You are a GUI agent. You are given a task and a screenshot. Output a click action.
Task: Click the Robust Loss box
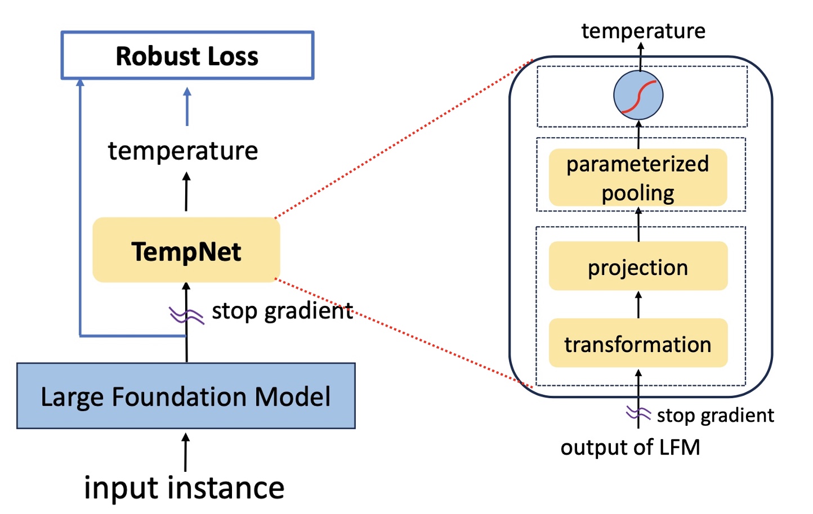click(x=187, y=55)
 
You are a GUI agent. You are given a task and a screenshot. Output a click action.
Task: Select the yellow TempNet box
click(x=186, y=250)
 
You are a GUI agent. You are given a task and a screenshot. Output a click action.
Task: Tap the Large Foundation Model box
click(x=186, y=396)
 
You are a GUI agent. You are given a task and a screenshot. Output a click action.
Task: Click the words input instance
click(x=184, y=488)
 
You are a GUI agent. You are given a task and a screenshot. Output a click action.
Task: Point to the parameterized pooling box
click(x=638, y=178)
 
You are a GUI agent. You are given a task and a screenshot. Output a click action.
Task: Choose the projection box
click(x=638, y=267)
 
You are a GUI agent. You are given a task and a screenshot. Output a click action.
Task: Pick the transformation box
click(x=638, y=343)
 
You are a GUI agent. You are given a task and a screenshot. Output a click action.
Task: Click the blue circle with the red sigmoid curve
click(x=638, y=95)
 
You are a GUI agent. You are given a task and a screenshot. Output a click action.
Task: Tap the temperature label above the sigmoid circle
click(x=643, y=30)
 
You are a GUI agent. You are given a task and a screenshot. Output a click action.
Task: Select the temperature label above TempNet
click(x=183, y=151)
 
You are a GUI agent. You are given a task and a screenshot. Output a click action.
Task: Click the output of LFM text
click(x=630, y=448)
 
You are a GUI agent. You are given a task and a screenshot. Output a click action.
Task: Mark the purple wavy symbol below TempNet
click(x=186, y=315)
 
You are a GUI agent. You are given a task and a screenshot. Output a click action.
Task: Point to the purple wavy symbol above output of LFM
click(x=638, y=414)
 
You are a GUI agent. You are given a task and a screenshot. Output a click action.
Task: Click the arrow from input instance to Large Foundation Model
click(x=186, y=452)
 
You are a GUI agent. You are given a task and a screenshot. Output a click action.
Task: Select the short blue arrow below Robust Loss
click(x=187, y=106)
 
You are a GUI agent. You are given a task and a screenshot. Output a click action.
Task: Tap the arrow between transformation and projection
click(x=638, y=304)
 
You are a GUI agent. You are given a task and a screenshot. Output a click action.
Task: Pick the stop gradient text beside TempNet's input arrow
click(x=282, y=311)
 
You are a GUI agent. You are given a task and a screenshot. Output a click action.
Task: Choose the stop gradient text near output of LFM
click(x=715, y=415)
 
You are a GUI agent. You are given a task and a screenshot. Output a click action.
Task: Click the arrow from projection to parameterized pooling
click(x=638, y=224)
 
